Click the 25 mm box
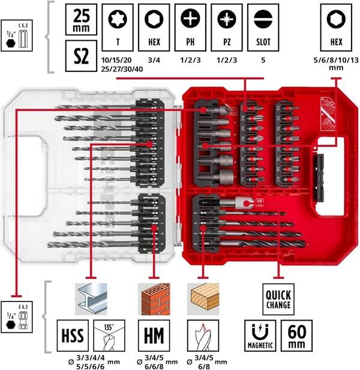[80, 20]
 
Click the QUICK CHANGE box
[277, 298]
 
